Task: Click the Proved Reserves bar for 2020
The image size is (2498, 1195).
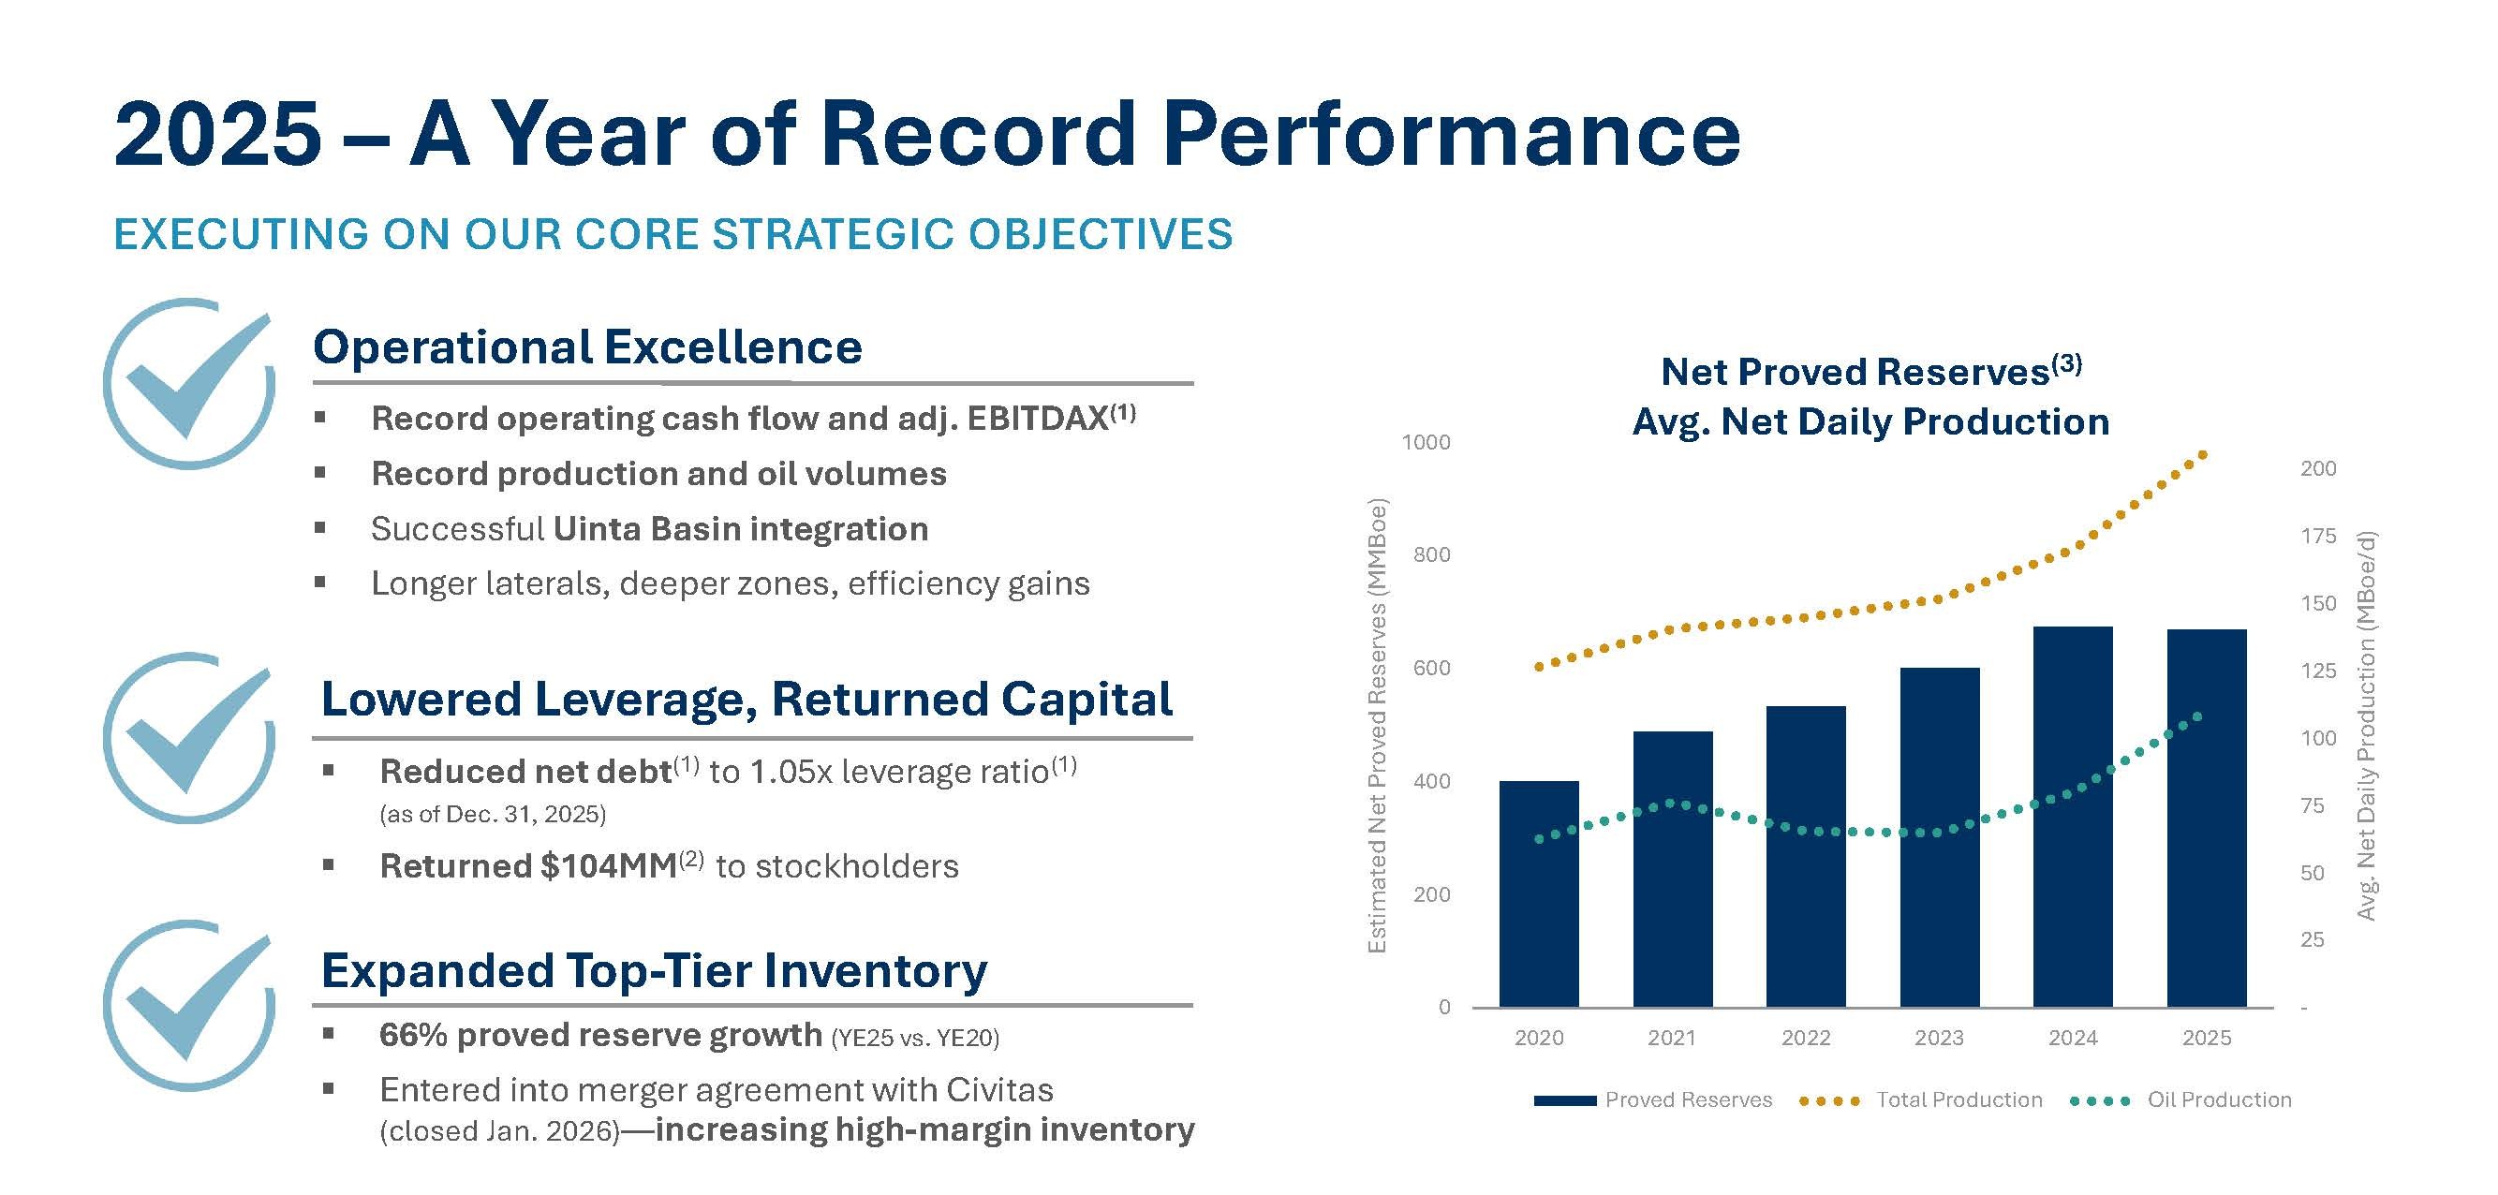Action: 1538,893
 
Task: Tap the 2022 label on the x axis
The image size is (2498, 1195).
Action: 1805,1038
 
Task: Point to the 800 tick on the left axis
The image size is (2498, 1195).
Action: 1431,554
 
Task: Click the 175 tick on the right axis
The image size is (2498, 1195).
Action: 2317,537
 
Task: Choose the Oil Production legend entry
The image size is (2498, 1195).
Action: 2219,1099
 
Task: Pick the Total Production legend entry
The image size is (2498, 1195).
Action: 1958,1099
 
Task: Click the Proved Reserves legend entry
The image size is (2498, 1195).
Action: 1687,1099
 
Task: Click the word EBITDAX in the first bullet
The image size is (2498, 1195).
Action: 1037,419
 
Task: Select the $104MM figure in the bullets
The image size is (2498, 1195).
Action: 608,866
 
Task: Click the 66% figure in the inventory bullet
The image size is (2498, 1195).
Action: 412,1036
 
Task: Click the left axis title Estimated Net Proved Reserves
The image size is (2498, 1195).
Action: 1376,726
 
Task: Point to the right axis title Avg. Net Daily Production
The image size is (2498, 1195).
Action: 2367,726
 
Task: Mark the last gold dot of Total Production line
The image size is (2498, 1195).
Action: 2202,454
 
